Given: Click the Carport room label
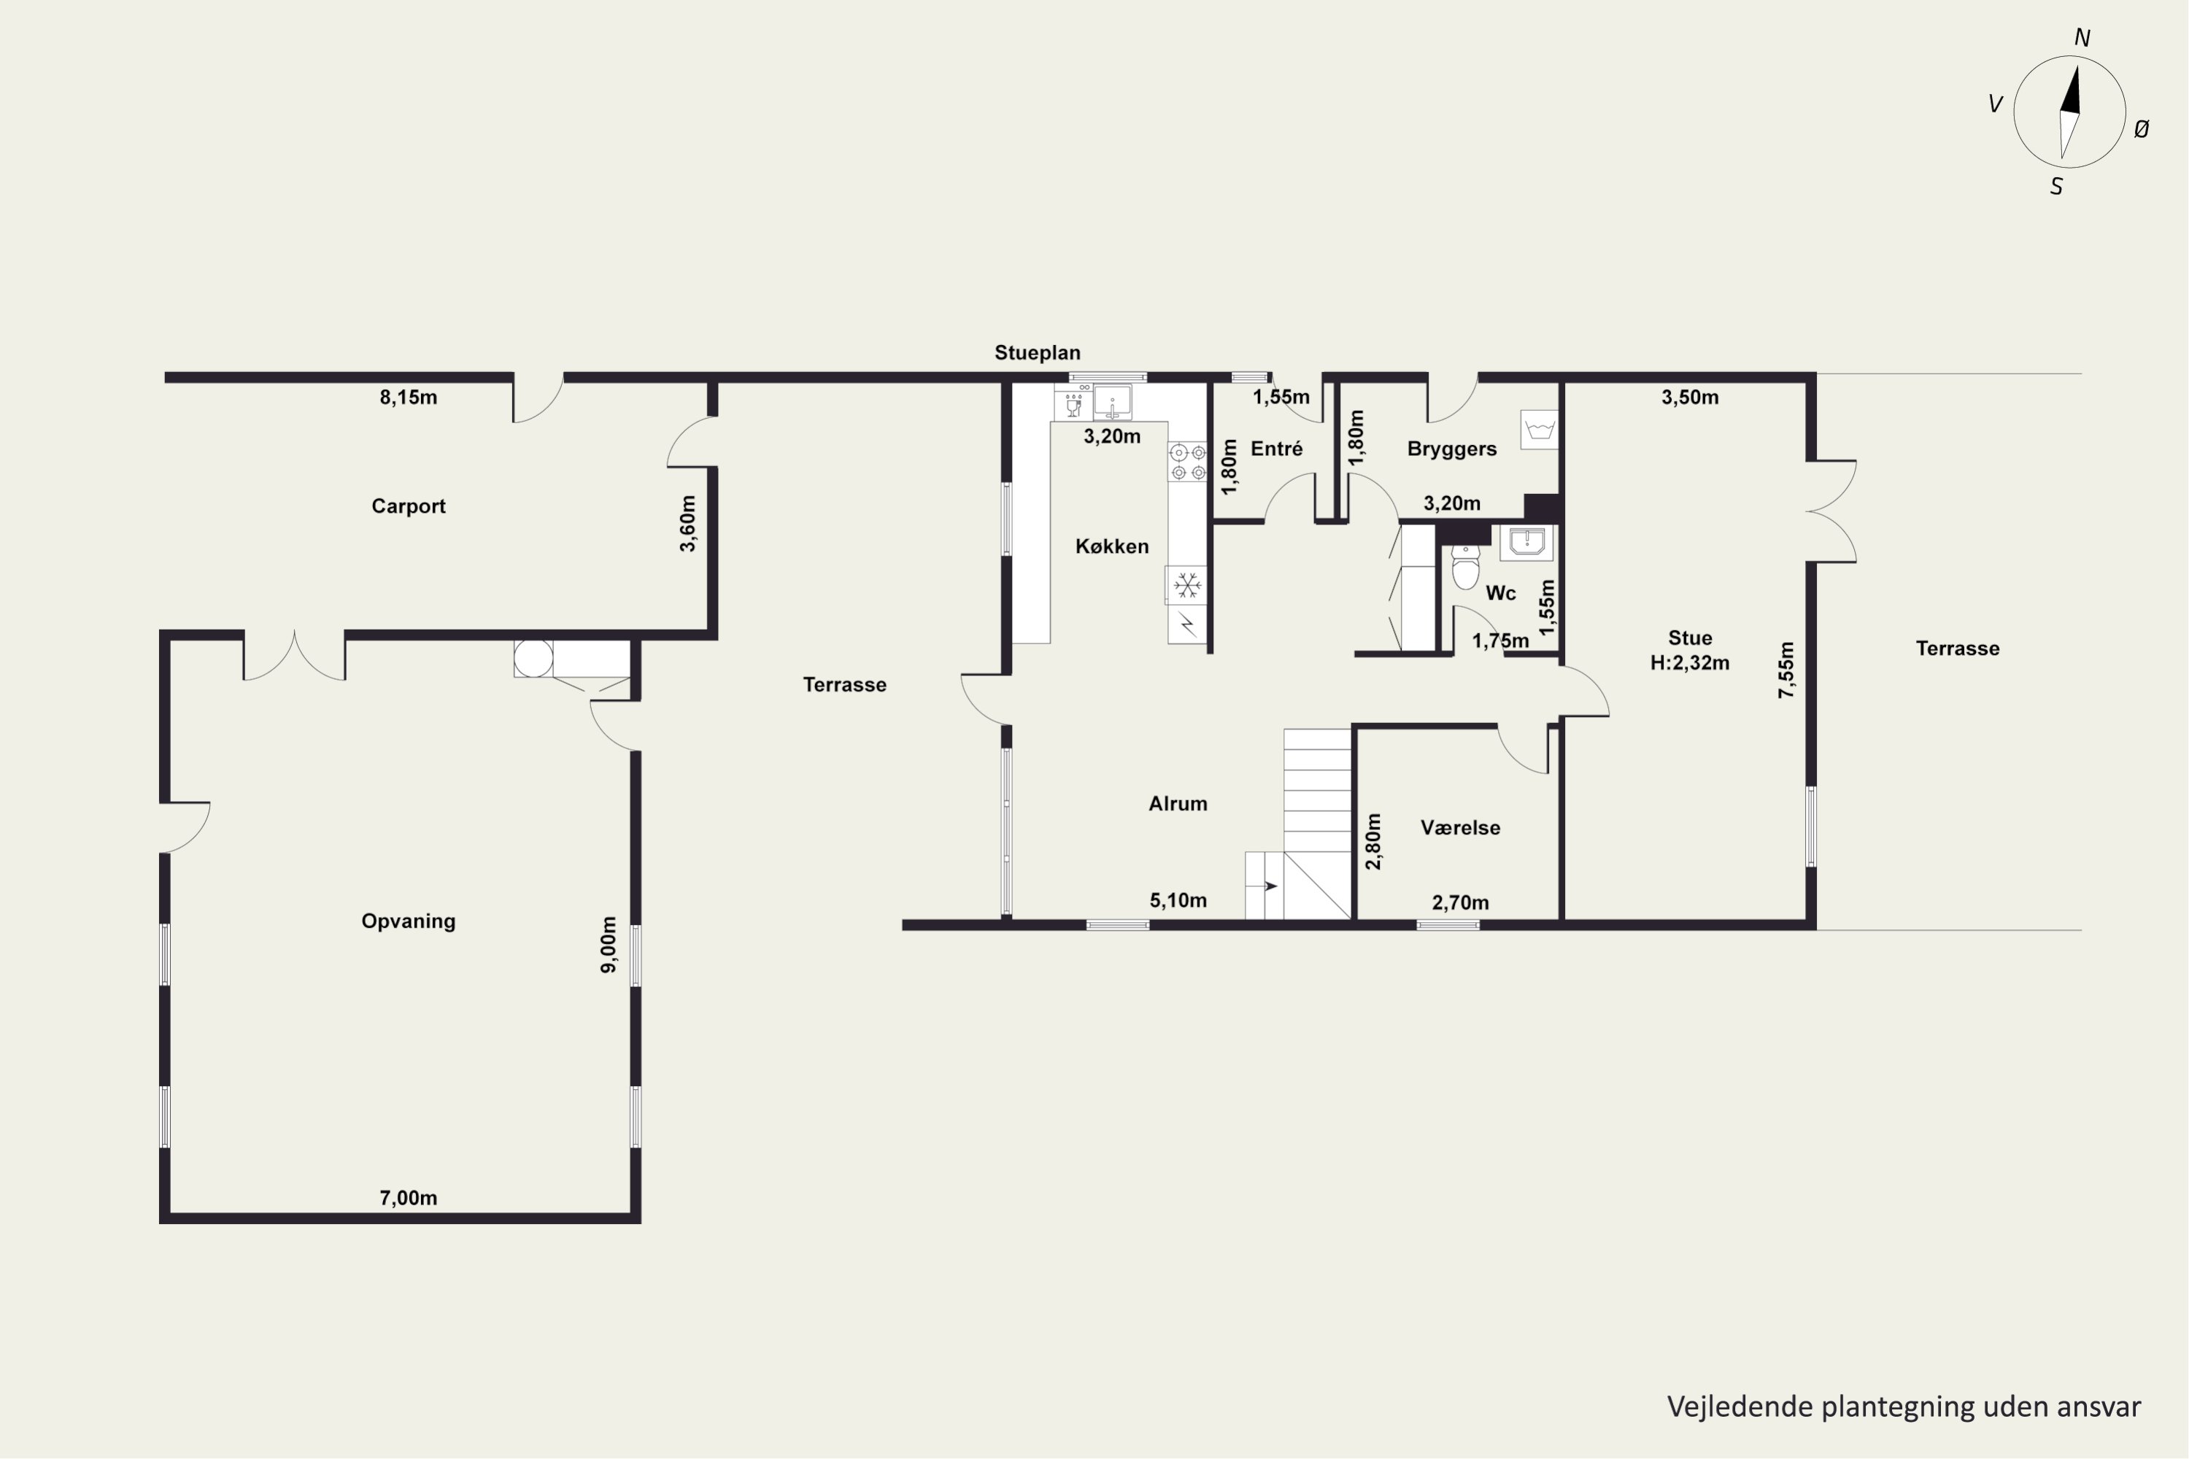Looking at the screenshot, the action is tap(409, 506).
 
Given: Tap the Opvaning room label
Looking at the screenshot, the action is tap(409, 921).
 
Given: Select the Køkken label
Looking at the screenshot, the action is tap(1112, 546).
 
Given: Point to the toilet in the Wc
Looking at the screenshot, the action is tap(1465, 567).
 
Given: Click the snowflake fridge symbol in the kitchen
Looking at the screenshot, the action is tap(1186, 587).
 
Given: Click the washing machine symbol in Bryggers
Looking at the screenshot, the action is tap(1540, 430).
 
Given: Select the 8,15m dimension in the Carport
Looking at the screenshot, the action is tap(409, 398).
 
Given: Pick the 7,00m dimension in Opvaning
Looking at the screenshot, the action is tap(409, 1199).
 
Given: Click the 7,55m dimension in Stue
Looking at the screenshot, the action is tap(1786, 670).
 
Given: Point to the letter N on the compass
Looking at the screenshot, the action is tap(2082, 38).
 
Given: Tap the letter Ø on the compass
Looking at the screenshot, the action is tap(2141, 129).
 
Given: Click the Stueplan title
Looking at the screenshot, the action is tap(1038, 352).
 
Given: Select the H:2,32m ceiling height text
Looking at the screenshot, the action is tap(1690, 662).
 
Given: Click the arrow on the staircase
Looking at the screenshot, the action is tap(1270, 886).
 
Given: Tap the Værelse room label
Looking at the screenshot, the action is tap(1460, 828).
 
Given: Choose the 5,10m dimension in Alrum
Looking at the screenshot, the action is tap(1178, 901).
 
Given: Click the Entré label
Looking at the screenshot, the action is tap(1277, 449).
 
